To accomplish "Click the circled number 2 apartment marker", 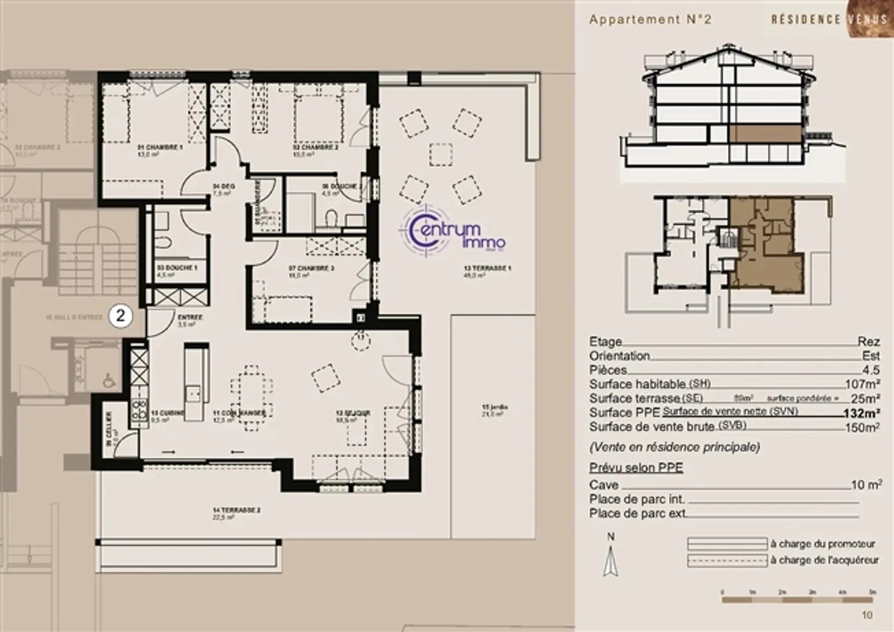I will click(x=120, y=315).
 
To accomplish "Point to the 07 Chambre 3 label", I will click(x=303, y=269).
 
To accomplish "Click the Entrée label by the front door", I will click(x=190, y=317).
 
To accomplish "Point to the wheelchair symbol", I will click(x=109, y=379).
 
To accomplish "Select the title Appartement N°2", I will click(x=650, y=19).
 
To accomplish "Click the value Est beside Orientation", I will click(x=870, y=356).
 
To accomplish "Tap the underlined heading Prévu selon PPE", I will click(x=636, y=467).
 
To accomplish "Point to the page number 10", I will click(x=867, y=615).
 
